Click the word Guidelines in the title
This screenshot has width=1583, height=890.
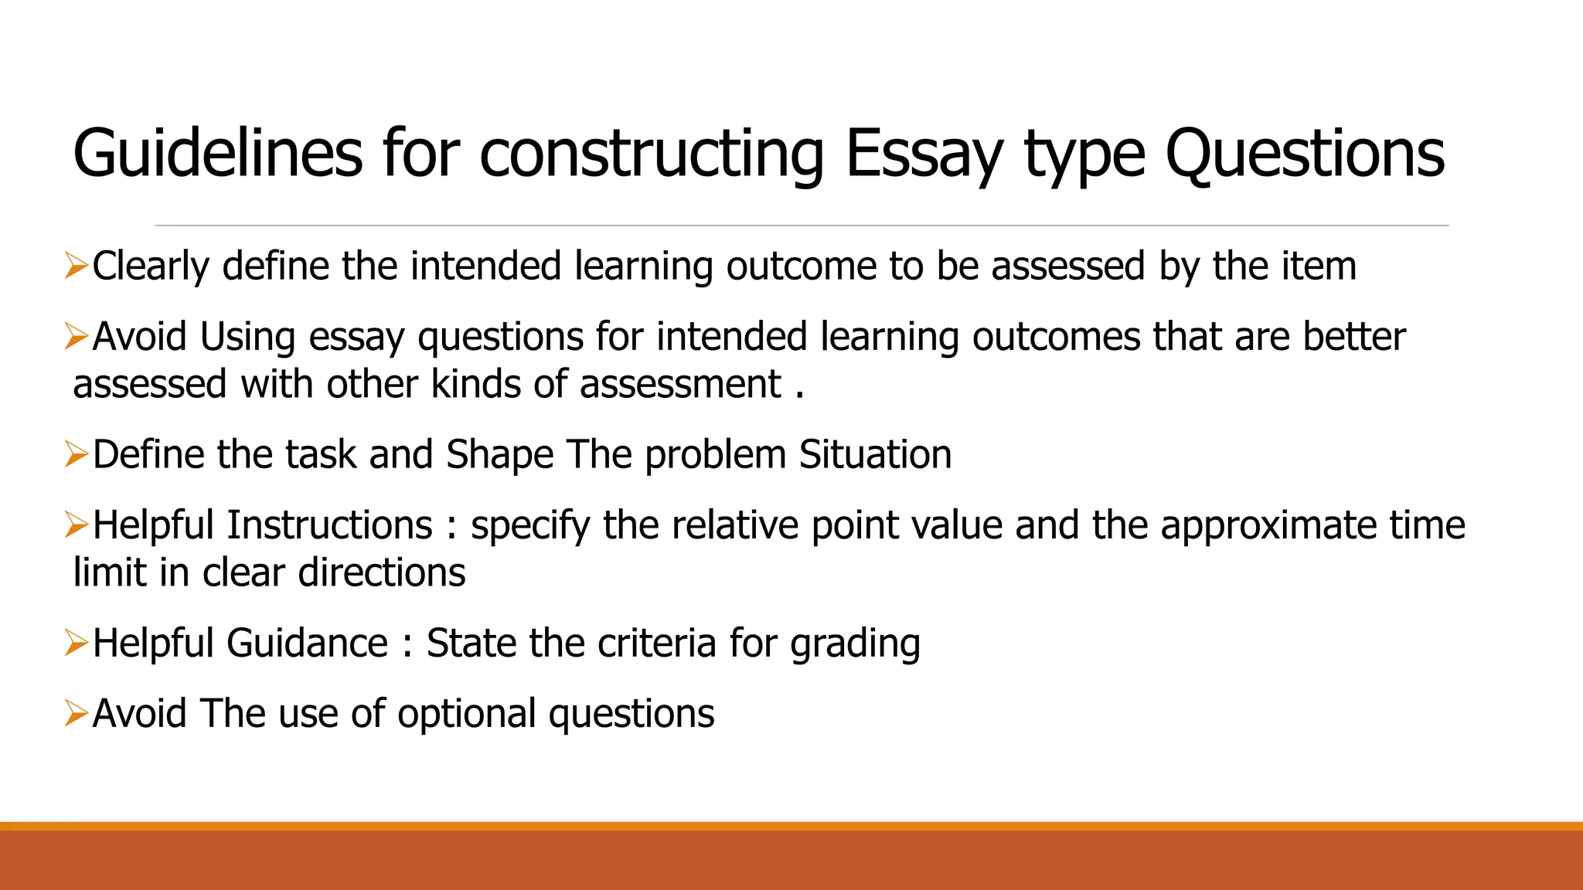point(217,153)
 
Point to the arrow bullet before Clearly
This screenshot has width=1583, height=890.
point(77,266)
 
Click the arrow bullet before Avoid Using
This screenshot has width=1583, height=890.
point(77,337)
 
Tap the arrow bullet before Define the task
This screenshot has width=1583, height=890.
point(77,454)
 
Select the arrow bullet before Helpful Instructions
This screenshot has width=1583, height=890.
point(77,525)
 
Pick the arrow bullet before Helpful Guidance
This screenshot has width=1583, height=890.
point(77,643)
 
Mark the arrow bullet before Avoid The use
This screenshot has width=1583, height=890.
point(77,713)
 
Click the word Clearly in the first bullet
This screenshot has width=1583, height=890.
point(151,266)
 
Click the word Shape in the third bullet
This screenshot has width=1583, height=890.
point(499,454)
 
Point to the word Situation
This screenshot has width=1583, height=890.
point(875,454)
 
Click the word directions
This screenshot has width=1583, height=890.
point(382,572)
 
